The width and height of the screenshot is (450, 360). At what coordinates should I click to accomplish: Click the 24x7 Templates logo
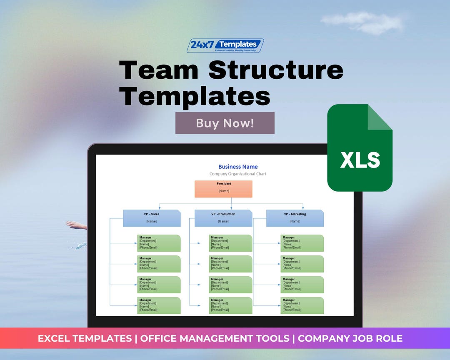tap(225, 45)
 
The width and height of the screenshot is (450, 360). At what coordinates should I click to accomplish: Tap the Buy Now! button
tap(225, 123)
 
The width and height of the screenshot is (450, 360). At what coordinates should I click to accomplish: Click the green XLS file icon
tap(360, 148)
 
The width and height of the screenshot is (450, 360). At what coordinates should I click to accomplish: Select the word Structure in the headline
tap(276, 70)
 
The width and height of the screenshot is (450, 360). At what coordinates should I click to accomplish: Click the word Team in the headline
tap(159, 70)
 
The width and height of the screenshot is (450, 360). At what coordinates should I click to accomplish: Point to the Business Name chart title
tap(238, 167)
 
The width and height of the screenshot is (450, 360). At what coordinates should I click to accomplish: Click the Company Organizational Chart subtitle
tap(237, 174)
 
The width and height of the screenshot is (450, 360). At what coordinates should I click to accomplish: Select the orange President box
tap(223, 189)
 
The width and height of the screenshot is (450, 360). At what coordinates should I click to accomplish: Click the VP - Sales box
tap(152, 218)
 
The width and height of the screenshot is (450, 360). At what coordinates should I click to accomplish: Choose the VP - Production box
tap(223, 218)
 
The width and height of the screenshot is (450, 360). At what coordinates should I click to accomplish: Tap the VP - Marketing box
tap(295, 218)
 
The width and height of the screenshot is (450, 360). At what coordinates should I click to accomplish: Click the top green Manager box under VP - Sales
tap(159, 243)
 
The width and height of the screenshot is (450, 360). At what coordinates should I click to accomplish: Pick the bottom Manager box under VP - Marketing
tap(302, 305)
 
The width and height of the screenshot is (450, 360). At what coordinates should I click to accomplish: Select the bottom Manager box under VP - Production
tap(230, 305)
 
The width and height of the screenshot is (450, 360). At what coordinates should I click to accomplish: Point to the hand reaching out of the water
tap(76, 225)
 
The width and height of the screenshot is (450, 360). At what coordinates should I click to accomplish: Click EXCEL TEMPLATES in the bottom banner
tap(85, 338)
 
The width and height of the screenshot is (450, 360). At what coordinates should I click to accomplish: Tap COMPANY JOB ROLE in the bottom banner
tap(350, 338)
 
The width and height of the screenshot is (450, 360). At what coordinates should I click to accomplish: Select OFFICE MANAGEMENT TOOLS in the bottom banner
tap(215, 338)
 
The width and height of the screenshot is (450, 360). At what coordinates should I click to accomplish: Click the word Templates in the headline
tap(195, 96)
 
